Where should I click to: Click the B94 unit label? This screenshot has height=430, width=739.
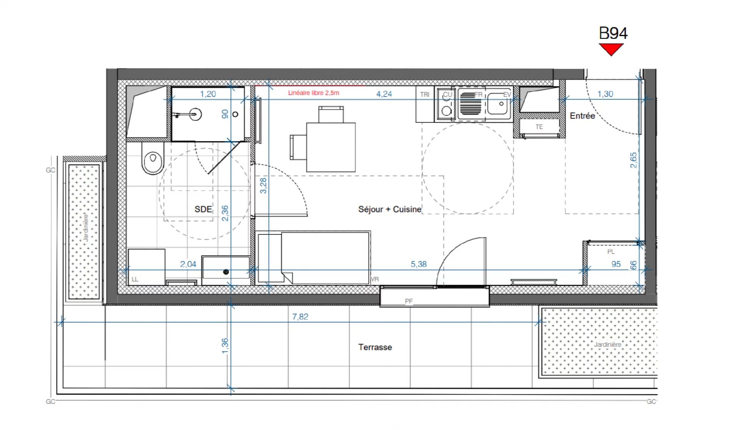tap(613, 33)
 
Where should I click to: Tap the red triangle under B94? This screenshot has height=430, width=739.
tap(611, 49)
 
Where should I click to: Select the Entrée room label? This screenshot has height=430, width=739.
tap(582, 115)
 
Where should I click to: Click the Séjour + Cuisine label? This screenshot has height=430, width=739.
tap(390, 209)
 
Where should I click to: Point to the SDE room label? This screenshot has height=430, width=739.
tap(203, 209)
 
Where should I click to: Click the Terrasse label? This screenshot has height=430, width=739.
tap(375, 347)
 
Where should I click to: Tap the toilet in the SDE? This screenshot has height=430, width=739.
tap(153, 158)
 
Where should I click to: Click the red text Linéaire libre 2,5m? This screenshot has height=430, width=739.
tap(314, 93)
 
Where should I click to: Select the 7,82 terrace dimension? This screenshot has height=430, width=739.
tap(300, 316)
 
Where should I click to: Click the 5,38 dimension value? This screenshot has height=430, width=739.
tap(418, 264)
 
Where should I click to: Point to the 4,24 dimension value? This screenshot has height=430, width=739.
tap(384, 94)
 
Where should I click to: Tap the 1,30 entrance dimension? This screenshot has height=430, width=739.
tap(605, 94)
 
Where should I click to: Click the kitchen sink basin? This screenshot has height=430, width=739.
tap(497, 104)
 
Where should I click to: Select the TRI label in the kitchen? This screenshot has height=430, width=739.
tap(425, 94)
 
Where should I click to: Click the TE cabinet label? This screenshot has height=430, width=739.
tap(539, 127)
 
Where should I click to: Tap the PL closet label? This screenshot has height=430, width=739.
tap(611, 252)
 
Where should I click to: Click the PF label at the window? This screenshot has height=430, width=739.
tap(409, 301)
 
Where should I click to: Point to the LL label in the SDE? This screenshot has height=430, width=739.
tap(135, 279)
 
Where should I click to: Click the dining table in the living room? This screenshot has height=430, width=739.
tap(331, 147)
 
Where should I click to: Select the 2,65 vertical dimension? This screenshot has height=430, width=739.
tap(633, 160)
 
